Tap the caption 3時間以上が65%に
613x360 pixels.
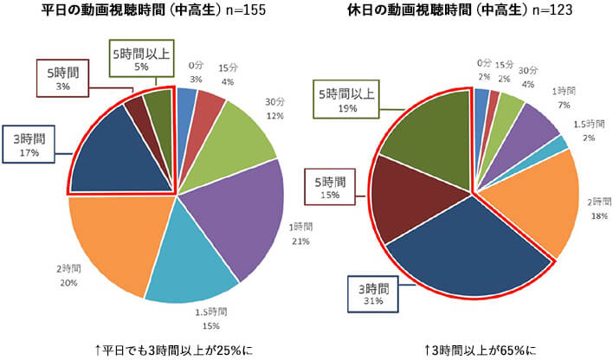[x=480, y=350]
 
